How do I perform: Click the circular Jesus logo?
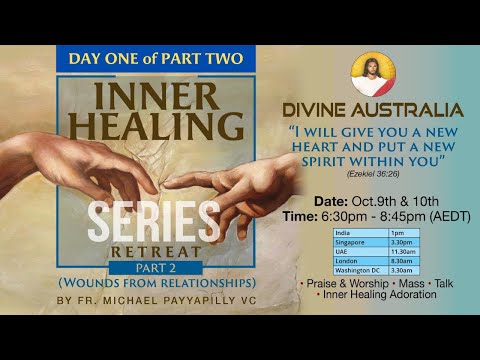(373, 75)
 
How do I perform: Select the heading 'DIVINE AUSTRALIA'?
(385, 110)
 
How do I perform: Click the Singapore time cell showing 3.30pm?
(400, 241)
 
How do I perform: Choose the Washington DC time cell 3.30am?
(400, 268)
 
